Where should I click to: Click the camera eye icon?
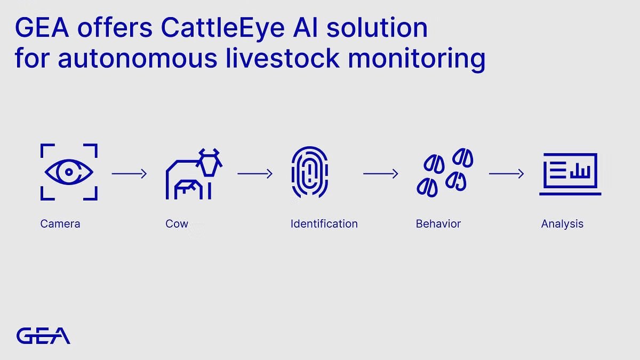[x=69, y=172]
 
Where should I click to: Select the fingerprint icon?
[x=309, y=172]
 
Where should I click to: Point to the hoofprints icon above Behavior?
[x=444, y=172]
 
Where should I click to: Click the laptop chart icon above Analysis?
[x=570, y=174]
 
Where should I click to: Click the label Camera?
[x=60, y=223]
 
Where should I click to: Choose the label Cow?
[x=177, y=223]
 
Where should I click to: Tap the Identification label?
[x=324, y=223]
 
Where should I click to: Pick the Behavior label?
[x=438, y=223]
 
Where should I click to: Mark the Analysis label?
[x=562, y=223]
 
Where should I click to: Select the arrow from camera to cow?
[x=129, y=173]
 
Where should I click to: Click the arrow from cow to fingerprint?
[x=255, y=173]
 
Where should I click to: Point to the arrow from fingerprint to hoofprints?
[x=381, y=173]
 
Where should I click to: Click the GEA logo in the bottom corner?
[x=43, y=335]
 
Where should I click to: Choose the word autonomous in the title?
[x=138, y=58]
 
